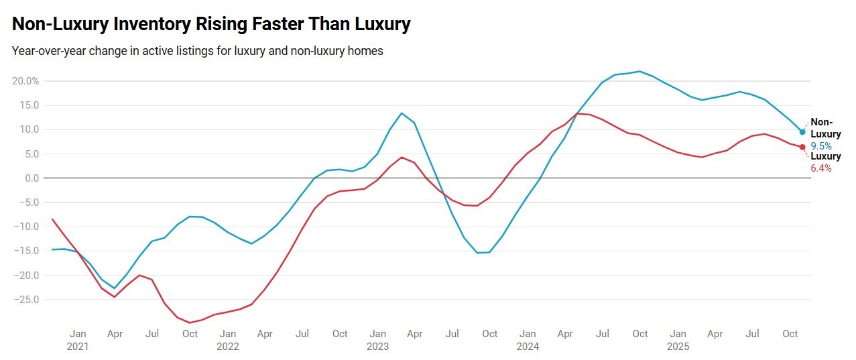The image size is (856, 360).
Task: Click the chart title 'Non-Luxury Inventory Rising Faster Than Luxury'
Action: click(211, 25)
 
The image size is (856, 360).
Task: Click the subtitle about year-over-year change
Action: click(197, 51)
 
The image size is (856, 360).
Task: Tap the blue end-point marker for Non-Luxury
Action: click(802, 132)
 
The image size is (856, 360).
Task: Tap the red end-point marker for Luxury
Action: click(802, 147)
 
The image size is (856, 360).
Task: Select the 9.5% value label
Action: click(821, 145)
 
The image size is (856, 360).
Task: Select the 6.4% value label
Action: click(821, 168)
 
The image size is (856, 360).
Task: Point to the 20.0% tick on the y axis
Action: click(25, 81)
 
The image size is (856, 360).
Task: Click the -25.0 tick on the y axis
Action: click(25, 299)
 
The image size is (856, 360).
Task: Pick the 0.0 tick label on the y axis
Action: click(30, 178)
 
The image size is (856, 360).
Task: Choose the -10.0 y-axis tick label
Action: click(25, 227)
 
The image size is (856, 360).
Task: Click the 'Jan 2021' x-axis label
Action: click(78, 340)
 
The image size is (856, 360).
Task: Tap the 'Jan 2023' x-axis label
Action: click(378, 340)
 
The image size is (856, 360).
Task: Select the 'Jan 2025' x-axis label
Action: click(678, 340)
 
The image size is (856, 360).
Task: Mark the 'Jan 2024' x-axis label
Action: click(528, 340)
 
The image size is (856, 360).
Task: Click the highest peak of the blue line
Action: click(639, 71)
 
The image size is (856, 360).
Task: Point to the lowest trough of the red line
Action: click(190, 322)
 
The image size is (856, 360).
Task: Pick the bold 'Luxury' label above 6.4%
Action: click(826, 156)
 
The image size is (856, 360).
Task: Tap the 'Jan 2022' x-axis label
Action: click(228, 340)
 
